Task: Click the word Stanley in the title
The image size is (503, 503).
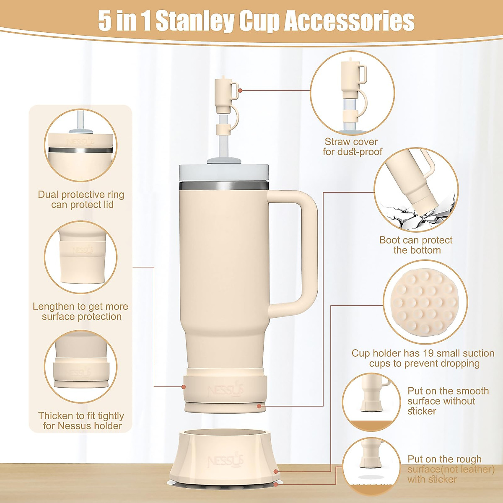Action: pyautogui.click(x=194, y=21)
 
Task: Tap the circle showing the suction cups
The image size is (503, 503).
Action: pyautogui.click(x=425, y=301)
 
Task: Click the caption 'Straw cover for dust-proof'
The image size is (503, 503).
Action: pyautogui.click(x=352, y=147)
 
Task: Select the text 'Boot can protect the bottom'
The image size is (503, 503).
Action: pyautogui.click(x=416, y=245)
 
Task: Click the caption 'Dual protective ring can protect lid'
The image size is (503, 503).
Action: pyautogui.click(x=81, y=200)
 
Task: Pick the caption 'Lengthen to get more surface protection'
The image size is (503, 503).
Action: pyautogui.click(x=80, y=311)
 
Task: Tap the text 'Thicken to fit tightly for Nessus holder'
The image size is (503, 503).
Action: pyautogui.click(x=81, y=421)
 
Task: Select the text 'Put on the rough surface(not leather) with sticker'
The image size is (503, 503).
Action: pyautogui.click(x=450, y=469)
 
